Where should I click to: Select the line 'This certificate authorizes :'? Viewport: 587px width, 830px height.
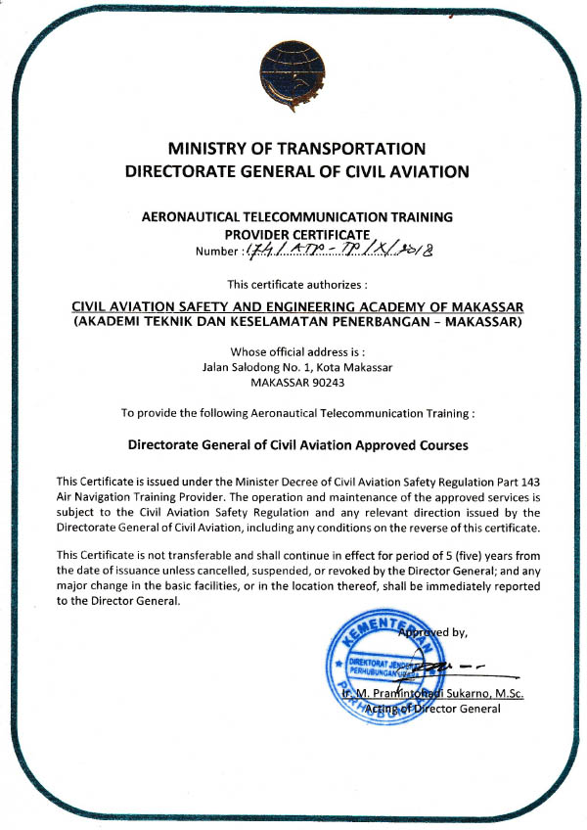(296, 285)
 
